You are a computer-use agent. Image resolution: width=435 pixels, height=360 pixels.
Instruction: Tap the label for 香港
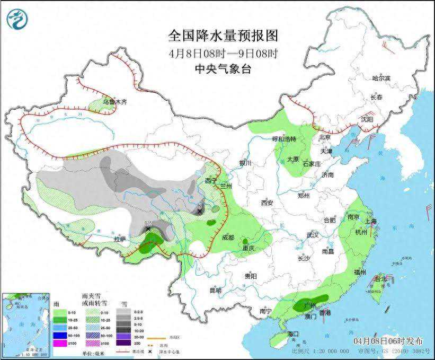point(325,313)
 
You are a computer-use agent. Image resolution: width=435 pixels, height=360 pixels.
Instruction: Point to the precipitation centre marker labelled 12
point(148,227)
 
